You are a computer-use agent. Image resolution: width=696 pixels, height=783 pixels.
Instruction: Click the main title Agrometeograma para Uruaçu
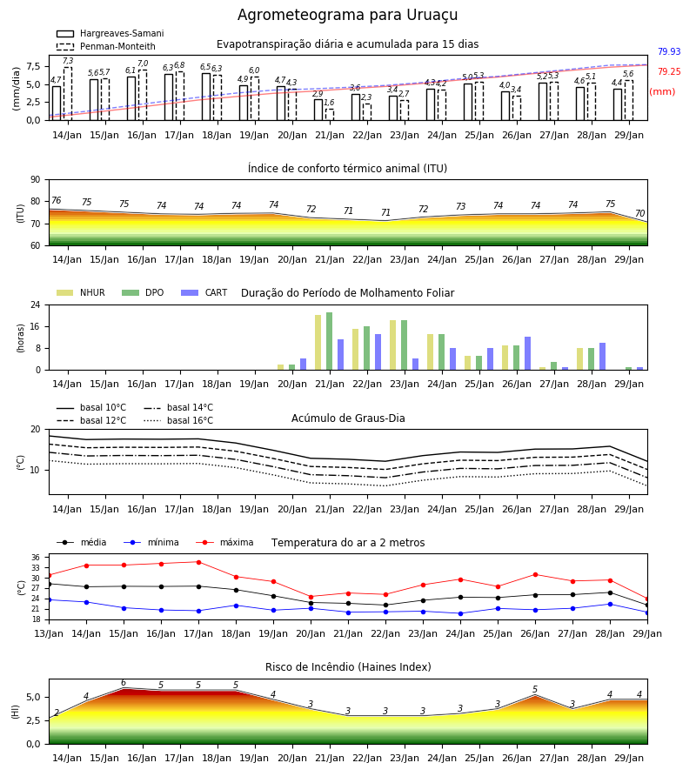[347, 15]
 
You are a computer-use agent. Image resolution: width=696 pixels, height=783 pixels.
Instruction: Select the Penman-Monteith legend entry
[106, 46]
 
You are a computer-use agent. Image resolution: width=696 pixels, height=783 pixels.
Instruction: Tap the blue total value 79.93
[669, 51]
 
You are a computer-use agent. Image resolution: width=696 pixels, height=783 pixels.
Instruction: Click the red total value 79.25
[669, 71]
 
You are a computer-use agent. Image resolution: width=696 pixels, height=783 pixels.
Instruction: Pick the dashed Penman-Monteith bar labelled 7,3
[68, 94]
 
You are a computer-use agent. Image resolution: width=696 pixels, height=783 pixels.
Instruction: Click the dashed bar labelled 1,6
[330, 115]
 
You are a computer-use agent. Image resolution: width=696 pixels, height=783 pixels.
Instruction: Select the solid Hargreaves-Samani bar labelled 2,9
[318, 110]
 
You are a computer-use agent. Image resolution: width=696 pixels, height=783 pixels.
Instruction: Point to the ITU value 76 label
[57, 200]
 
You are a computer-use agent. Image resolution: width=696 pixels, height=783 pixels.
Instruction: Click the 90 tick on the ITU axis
[36, 180]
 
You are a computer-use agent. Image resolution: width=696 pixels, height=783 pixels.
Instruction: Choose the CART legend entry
[204, 292]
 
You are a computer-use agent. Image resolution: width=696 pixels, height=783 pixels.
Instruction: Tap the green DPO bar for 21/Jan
[330, 341]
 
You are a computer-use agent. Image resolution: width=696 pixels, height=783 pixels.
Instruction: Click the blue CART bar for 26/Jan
[528, 353]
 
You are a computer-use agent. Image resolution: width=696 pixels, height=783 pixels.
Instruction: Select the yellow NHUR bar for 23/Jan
[393, 345]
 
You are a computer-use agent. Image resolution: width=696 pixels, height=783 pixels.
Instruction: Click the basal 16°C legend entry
[178, 420]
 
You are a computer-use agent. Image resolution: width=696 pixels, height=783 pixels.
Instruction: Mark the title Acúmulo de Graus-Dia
[348, 418]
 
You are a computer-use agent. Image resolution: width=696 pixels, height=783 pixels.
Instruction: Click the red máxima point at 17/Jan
[198, 562]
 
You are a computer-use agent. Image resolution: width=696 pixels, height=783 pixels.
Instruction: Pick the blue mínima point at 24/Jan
[460, 613]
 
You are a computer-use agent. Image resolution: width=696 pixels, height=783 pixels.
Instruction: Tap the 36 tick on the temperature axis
[36, 558]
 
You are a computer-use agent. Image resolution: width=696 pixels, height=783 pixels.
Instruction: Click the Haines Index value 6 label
[124, 683]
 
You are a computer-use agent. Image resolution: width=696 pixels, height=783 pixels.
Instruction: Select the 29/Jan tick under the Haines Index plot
[629, 758]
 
